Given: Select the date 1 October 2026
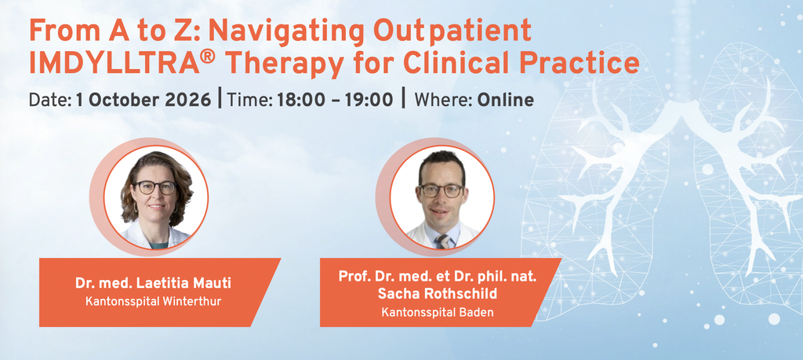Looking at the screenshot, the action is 144,100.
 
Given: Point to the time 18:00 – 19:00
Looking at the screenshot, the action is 335,100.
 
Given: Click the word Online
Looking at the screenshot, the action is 506,100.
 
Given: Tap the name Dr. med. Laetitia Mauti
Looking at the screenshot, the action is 153,283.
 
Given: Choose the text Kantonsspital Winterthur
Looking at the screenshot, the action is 153,301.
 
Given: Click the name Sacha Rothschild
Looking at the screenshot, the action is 437,294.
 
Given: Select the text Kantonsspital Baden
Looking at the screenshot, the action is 438,312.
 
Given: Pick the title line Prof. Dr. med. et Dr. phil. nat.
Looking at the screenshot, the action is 438,276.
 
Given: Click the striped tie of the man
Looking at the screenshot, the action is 442,241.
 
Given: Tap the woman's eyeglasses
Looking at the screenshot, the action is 154,187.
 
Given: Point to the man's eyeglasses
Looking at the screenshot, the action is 441,191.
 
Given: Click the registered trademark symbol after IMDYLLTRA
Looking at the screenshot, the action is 207,57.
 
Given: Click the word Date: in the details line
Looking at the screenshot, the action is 50,100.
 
